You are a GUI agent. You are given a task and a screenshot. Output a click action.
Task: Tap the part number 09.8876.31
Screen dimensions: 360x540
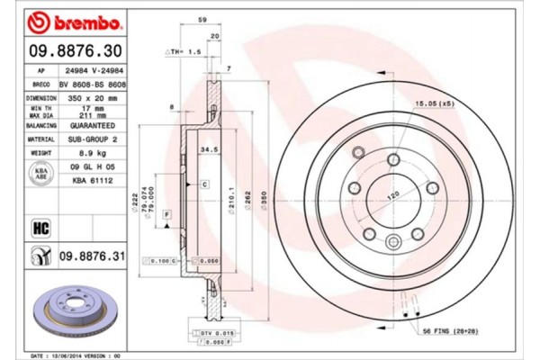point(91,258)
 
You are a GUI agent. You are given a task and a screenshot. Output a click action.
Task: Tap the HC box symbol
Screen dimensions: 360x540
point(40,226)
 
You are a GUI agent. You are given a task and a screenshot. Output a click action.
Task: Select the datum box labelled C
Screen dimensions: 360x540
point(205,184)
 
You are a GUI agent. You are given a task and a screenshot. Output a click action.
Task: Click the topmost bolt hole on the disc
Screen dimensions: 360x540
point(393,160)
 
